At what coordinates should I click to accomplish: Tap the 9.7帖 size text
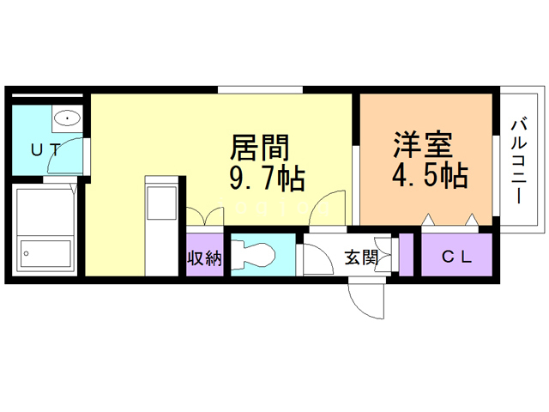[x=267, y=179]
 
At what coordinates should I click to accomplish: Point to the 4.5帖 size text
[x=430, y=176]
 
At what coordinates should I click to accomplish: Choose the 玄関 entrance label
[x=360, y=257]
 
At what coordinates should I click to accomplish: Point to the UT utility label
[x=46, y=148]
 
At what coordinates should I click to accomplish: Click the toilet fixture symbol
[x=256, y=254]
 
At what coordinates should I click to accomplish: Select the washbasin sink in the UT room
[x=66, y=117]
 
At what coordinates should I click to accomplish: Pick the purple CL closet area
[x=455, y=266]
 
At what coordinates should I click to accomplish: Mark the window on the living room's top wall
[x=260, y=89]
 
